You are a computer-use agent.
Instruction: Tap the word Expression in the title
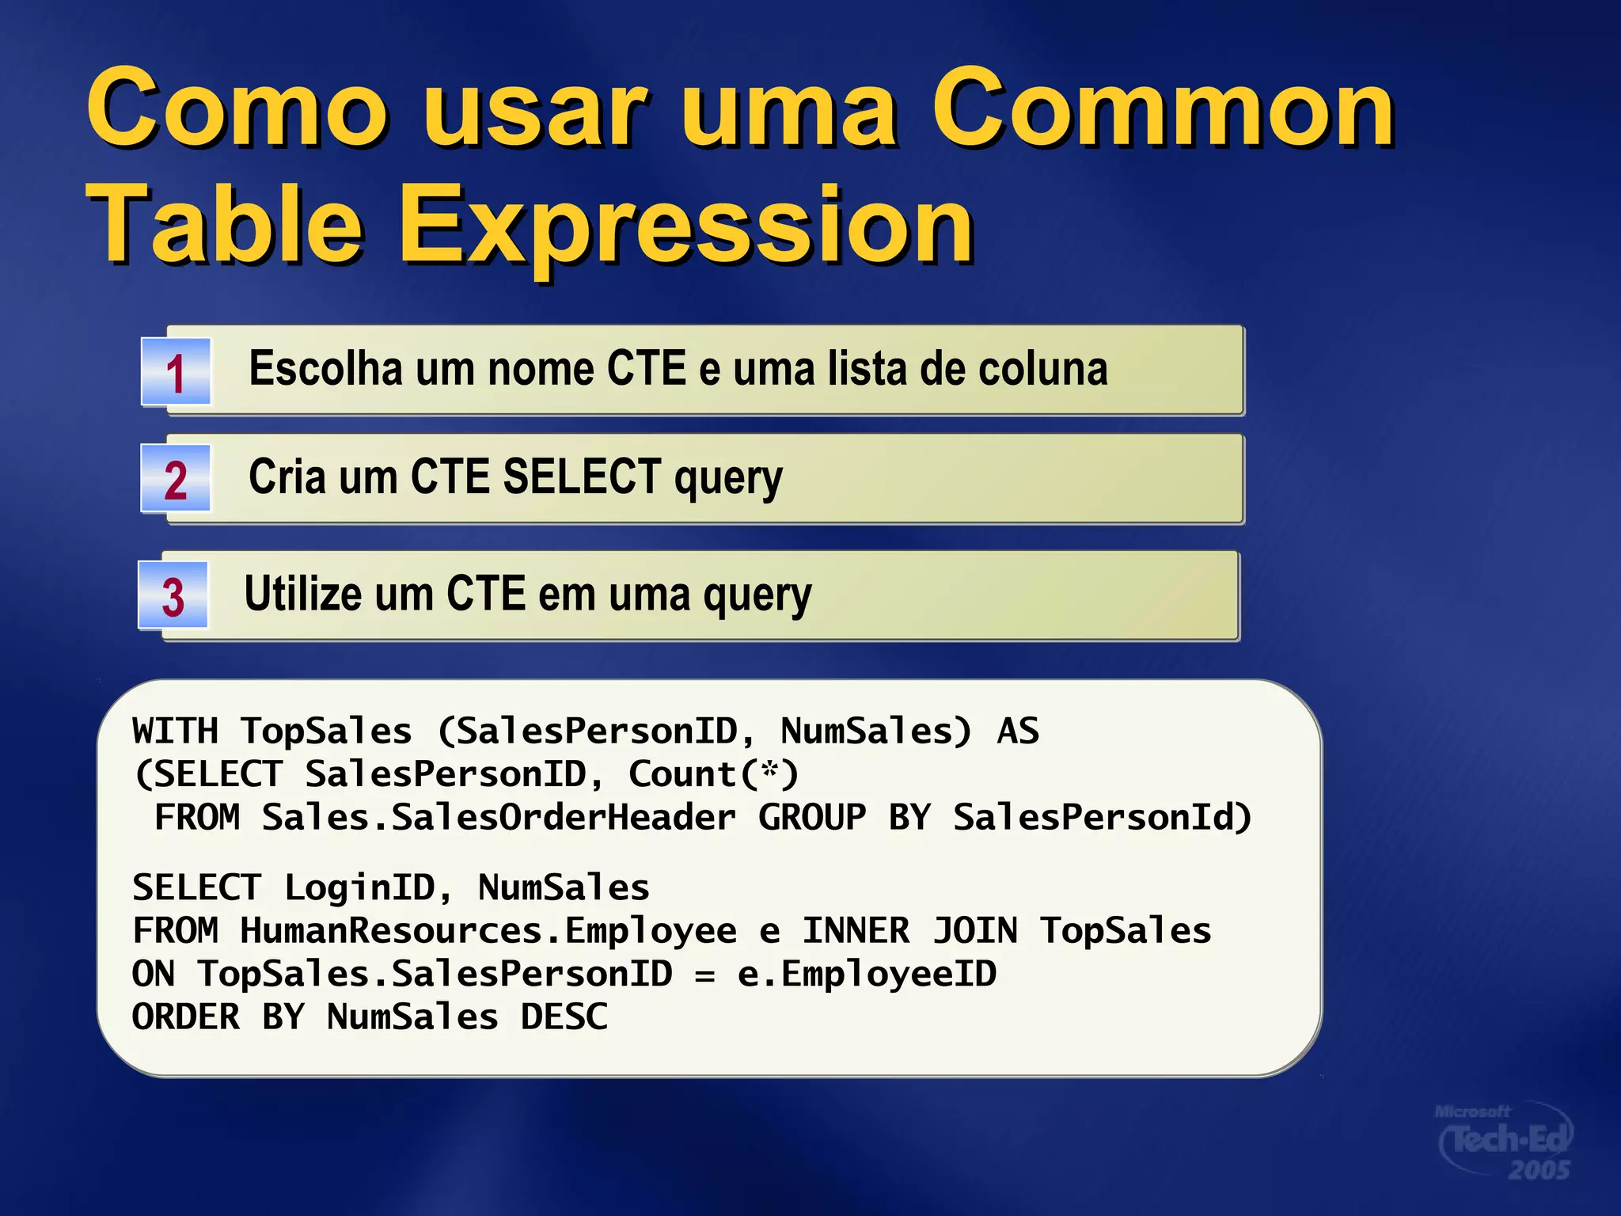pyautogui.click(x=685, y=226)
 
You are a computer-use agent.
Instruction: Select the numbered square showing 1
pyautogui.click(x=176, y=372)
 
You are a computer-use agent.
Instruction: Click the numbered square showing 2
pyautogui.click(x=176, y=479)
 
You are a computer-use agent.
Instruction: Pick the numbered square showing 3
pyautogui.click(x=173, y=595)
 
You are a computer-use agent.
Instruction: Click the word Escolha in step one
pyautogui.click(x=325, y=369)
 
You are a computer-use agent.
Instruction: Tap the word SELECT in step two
pyautogui.click(x=582, y=477)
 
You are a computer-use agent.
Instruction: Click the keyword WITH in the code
pyautogui.click(x=175, y=731)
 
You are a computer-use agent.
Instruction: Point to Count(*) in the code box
pyautogui.click(x=713, y=774)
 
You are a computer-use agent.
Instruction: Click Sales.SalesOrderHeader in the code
pyautogui.click(x=499, y=818)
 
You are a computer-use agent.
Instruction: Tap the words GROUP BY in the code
pyautogui.click(x=844, y=818)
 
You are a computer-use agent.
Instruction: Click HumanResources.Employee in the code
pyautogui.click(x=488, y=931)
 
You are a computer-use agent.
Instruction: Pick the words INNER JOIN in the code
pyautogui.click(x=909, y=931)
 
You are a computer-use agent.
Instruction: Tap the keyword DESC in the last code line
pyautogui.click(x=564, y=1017)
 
